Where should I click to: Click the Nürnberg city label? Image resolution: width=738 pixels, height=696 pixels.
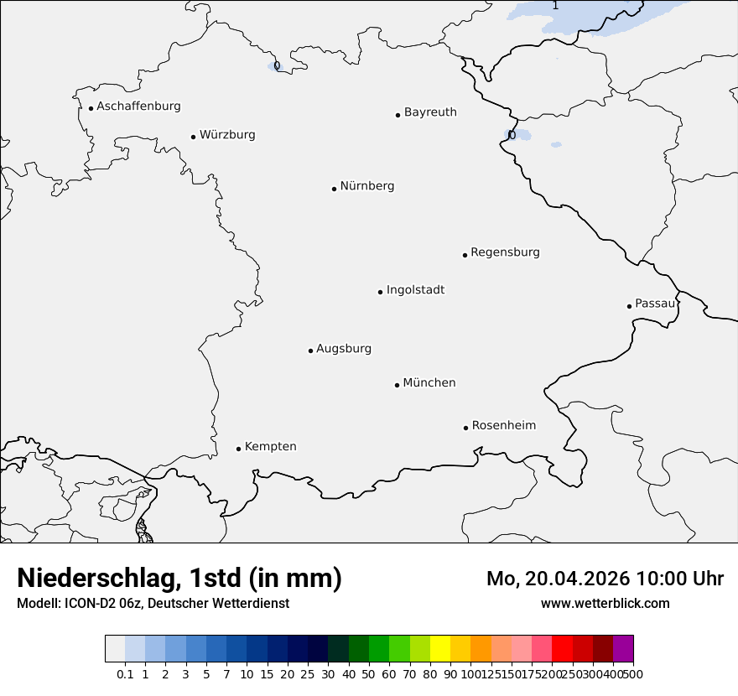[366, 186]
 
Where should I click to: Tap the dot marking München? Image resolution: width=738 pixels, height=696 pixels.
[397, 385]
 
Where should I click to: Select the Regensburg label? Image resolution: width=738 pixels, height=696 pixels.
[505, 252]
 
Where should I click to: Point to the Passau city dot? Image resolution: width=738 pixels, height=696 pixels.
[629, 306]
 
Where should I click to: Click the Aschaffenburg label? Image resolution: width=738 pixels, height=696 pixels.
[138, 106]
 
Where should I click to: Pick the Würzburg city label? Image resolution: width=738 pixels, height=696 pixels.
[227, 135]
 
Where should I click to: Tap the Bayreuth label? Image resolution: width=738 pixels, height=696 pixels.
[430, 112]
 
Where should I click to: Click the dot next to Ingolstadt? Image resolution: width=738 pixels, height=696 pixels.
[380, 292]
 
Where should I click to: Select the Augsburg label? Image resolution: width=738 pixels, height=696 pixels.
[344, 349]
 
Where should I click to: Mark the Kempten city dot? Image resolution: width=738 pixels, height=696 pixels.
[238, 449]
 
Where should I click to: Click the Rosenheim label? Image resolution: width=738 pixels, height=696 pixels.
[503, 426]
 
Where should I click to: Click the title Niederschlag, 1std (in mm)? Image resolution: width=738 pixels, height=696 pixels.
[179, 578]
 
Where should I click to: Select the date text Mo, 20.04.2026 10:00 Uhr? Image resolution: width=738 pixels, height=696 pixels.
[605, 579]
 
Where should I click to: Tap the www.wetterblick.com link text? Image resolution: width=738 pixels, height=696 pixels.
[605, 603]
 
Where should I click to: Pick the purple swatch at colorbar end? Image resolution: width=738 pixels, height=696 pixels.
[623, 649]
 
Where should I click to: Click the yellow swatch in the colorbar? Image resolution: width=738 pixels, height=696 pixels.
[440, 649]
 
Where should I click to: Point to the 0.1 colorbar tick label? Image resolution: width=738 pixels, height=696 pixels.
[125, 673]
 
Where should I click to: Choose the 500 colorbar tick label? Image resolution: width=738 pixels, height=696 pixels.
[633, 673]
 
